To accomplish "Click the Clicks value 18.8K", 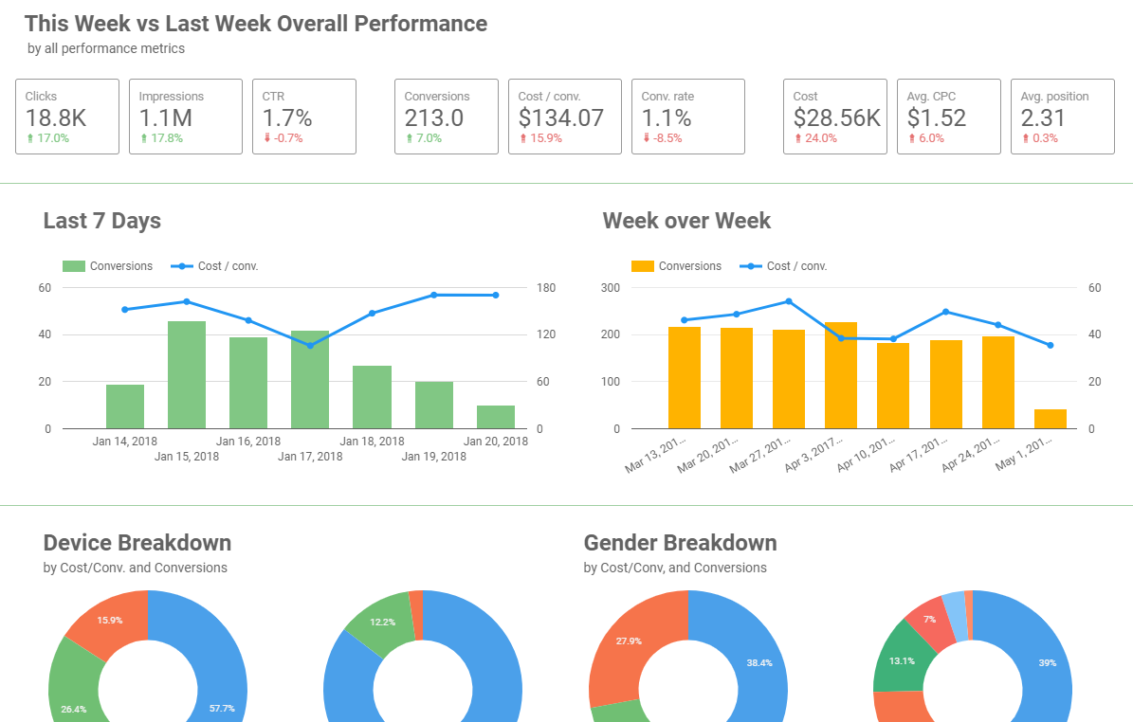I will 56,118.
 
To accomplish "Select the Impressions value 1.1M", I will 166,118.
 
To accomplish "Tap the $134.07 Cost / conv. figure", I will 561,118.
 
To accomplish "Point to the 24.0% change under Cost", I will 820,138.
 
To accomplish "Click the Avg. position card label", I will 1054,97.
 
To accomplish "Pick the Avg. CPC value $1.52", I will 937,118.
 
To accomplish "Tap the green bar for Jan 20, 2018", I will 495,417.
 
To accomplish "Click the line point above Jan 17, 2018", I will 310,345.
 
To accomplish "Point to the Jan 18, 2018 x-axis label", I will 372,441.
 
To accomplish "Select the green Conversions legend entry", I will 108,266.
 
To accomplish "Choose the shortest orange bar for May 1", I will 1050,419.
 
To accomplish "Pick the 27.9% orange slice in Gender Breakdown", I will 626,644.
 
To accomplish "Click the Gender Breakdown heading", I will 680,543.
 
